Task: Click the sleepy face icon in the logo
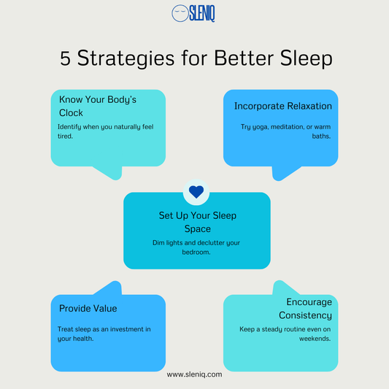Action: (x=179, y=13)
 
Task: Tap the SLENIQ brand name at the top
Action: (x=201, y=13)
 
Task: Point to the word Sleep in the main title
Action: (x=301, y=59)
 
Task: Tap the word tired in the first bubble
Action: (x=66, y=135)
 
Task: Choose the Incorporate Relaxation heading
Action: (x=282, y=106)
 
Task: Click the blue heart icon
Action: (x=196, y=192)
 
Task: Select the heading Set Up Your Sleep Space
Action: (x=197, y=222)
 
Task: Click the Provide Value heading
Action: (x=88, y=308)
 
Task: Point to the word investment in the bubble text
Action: (x=123, y=329)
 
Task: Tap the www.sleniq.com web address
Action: (x=194, y=374)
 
